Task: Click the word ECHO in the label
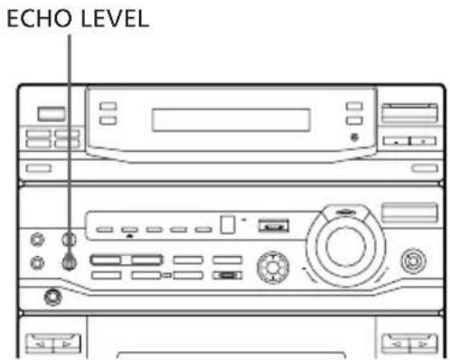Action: (x=37, y=18)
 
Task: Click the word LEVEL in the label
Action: (x=101, y=18)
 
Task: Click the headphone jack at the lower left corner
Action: (x=53, y=295)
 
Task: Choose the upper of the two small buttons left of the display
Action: (x=108, y=107)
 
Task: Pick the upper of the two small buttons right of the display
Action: (x=353, y=107)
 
